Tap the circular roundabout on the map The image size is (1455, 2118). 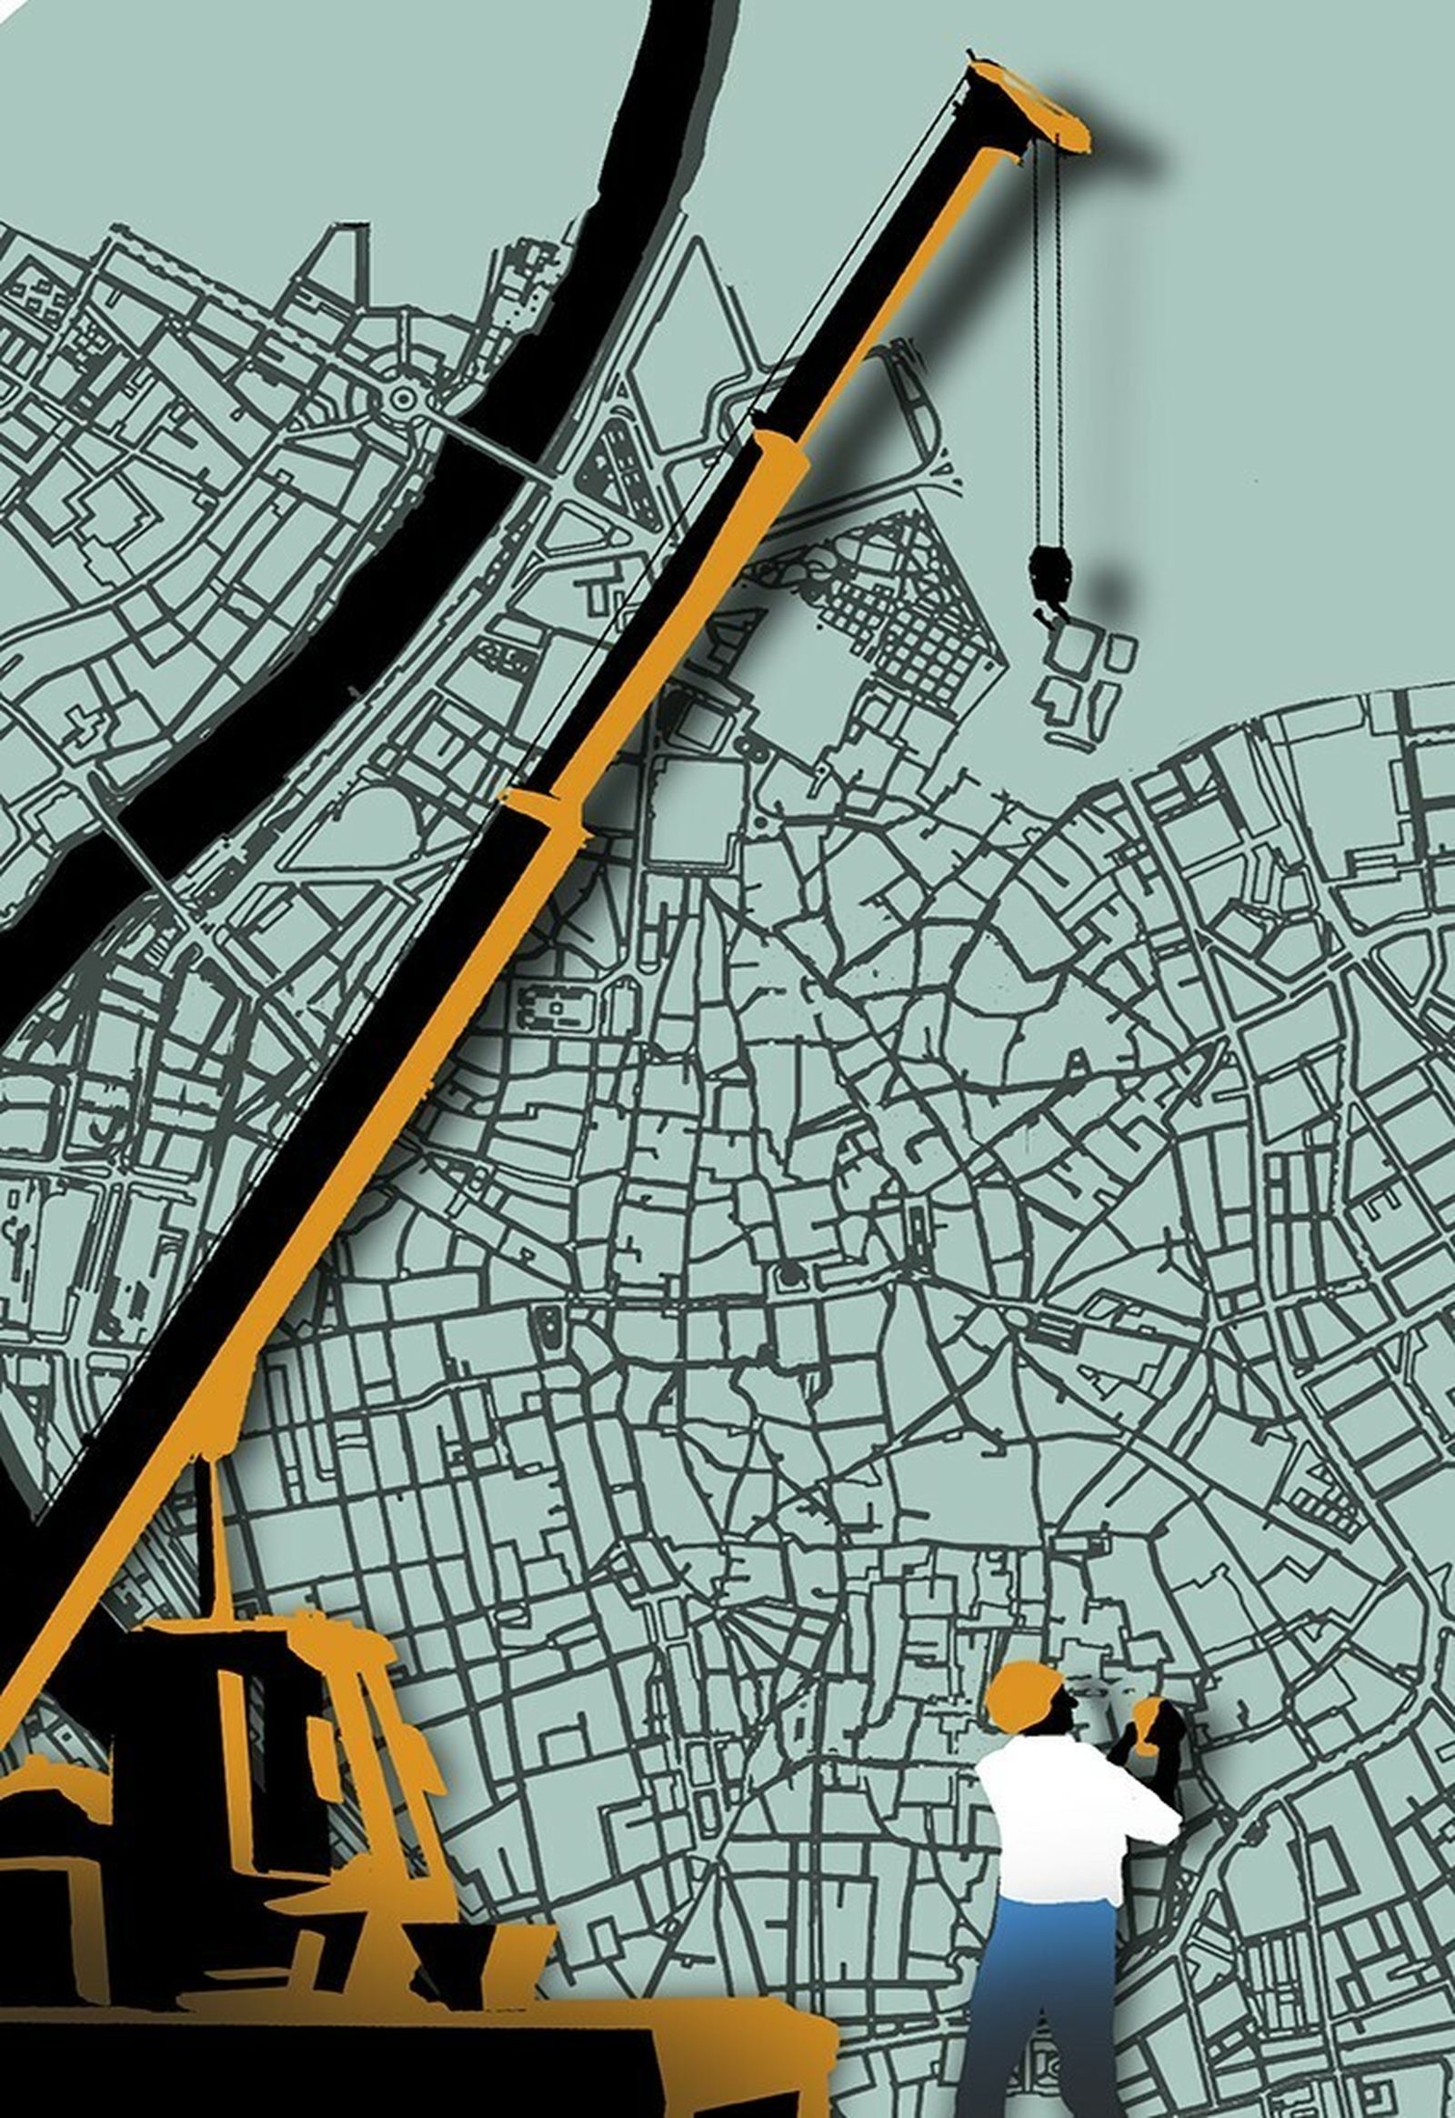(402, 397)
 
